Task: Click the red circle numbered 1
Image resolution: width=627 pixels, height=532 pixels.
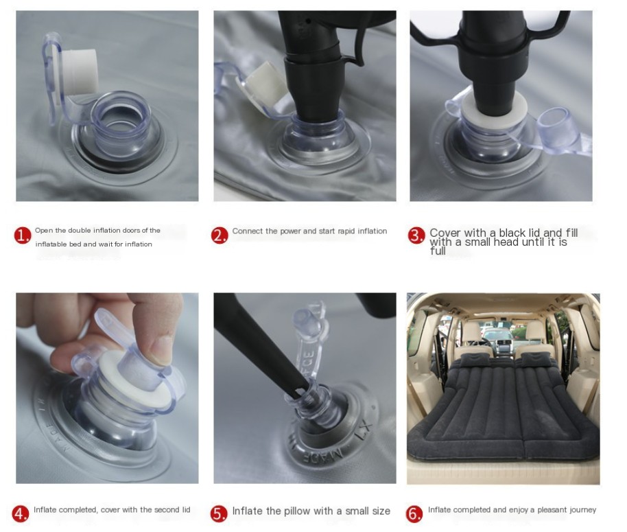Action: [22, 236]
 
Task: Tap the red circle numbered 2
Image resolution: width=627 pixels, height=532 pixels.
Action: [220, 236]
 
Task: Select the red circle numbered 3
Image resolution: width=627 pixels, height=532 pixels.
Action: [416, 236]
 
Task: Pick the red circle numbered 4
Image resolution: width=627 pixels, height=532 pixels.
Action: [21, 513]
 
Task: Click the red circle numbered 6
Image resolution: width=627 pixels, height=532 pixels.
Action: [415, 513]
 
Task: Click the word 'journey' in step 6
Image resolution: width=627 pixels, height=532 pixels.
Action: [581, 510]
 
